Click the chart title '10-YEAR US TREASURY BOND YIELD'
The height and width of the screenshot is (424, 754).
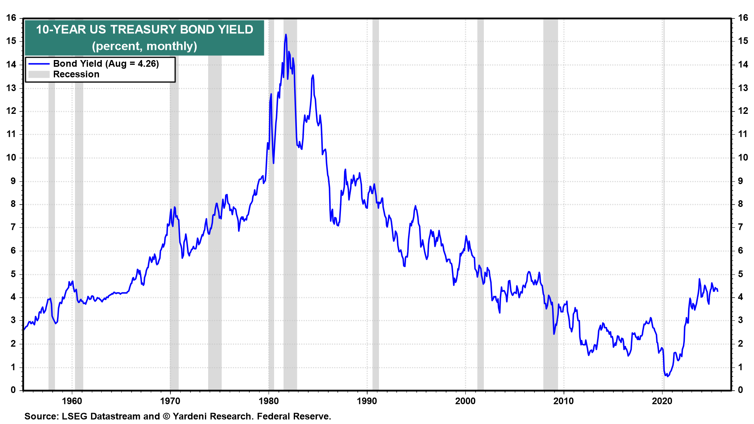click(x=145, y=29)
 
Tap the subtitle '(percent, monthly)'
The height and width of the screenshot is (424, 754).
click(x=145, y=46)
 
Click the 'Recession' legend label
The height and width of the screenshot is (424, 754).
click(x=76, y=74)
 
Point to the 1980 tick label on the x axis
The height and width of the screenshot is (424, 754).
click(x=269, y=401)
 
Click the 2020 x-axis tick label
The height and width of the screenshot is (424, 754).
click(x=662, y=401)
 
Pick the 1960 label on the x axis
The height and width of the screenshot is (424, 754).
click(x=72, y=401)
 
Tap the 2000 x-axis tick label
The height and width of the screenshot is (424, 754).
click(x=465, y=401)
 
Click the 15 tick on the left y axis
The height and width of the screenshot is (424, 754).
click(x=11, y=41)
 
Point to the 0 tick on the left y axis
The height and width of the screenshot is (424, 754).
click(x=13, y=390)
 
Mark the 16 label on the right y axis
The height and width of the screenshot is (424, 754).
click(x=743, y=18)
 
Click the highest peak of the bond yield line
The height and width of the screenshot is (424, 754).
click(x=286, y=35)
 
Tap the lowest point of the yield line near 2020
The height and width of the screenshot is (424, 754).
click(x=667, y=376)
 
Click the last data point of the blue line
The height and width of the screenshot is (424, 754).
click(x=718, y=291)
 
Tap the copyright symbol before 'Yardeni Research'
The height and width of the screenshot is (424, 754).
click(x=166, y=416)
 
